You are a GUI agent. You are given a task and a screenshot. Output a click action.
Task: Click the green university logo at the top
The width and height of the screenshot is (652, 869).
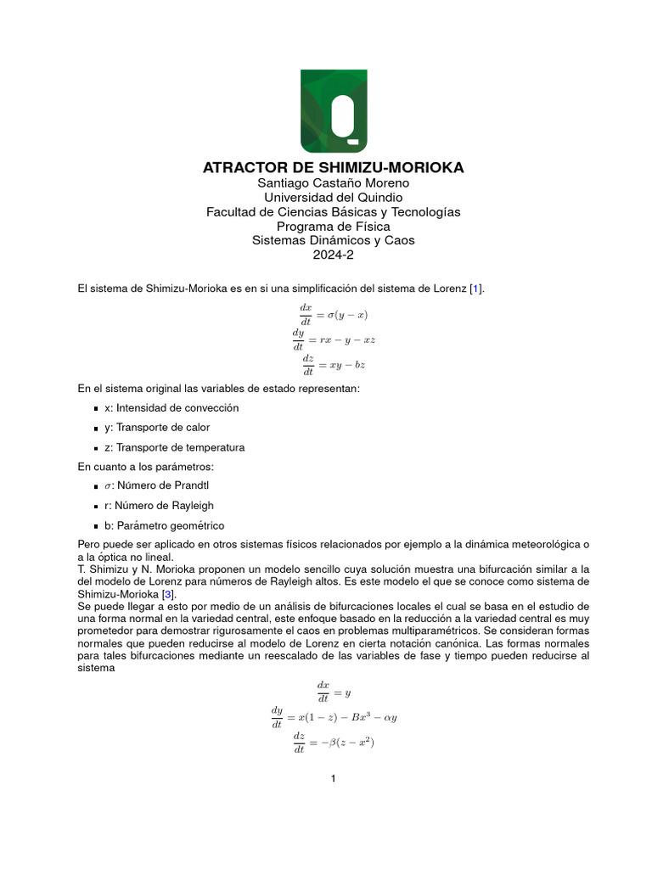click(x=334, y=110)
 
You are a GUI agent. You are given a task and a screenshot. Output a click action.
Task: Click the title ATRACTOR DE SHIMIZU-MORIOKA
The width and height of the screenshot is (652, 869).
click(x=333, y=168)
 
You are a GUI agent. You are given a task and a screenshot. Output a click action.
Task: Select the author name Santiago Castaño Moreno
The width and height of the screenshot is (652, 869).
click(x=333, y=183)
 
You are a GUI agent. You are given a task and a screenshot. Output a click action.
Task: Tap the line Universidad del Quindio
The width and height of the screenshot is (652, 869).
click(x=333, y=198)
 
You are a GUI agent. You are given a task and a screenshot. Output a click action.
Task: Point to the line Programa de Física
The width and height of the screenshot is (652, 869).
click(x=333, y=227)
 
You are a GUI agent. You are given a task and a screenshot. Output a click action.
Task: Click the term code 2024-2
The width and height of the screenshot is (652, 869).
click(x=333, y=255)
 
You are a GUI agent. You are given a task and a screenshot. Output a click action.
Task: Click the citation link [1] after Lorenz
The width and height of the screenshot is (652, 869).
click(x=477, y=289)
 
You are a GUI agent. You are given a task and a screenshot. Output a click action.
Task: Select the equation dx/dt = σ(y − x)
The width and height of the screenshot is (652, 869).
click(x=333, y=314)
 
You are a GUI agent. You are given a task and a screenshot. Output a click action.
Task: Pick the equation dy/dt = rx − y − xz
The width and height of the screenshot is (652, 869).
click(x=333, y=339)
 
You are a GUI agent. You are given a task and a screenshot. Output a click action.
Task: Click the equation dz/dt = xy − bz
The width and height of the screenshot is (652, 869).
click(x=333, y=364)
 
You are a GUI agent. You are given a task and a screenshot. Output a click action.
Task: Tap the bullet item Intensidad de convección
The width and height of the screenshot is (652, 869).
click(x=171, y=408)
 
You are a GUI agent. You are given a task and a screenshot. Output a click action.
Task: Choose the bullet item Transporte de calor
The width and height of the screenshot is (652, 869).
click(x=157, y=428)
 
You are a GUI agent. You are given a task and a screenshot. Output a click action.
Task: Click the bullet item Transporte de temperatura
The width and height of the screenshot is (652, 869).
click(x=174, y=447)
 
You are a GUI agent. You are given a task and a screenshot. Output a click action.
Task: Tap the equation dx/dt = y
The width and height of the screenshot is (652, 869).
click(x=328, y=692)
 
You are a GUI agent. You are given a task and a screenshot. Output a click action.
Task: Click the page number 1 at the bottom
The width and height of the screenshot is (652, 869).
click(x=334, y=779)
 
